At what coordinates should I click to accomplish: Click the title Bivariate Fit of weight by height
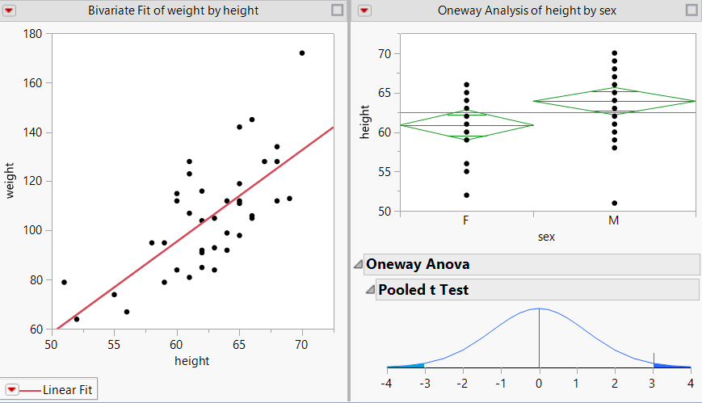(173, 10)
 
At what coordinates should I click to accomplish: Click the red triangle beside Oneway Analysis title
(364, 10)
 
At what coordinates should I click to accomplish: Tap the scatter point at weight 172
(302, 52)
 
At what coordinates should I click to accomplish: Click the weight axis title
(11, 181)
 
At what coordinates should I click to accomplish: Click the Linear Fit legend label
(67, 390)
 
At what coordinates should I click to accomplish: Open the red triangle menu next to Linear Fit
(12, 390)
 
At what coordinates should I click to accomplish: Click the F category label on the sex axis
(466, 220)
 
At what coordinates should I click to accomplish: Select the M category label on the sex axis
(614, 220)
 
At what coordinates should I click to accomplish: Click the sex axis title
(547, 237)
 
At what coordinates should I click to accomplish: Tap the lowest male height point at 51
(614, 203)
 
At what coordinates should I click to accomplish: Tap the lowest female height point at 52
(466, 195)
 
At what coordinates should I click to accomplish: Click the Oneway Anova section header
(417, 264)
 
